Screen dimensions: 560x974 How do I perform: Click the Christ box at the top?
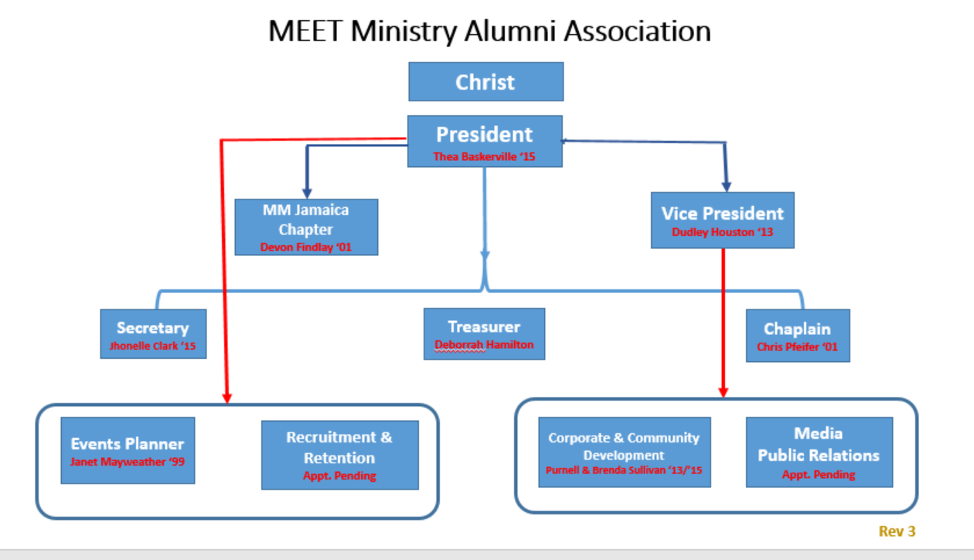485,82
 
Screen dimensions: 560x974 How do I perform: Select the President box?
485,135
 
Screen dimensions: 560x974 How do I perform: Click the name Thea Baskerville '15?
485,157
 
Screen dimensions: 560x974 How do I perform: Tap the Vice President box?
722,213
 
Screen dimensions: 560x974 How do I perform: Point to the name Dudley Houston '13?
722,232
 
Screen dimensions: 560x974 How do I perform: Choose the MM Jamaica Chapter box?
306,220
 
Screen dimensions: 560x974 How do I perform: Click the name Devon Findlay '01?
306,248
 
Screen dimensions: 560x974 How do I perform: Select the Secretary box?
152,329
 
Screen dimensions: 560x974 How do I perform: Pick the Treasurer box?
484,327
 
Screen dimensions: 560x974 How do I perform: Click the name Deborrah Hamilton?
484,345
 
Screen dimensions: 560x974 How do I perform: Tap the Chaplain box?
797,330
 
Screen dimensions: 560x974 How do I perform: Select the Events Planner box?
128,444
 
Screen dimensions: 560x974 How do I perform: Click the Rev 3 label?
897,531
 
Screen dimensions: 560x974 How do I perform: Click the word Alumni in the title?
512,31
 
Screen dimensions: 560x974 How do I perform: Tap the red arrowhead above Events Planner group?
226,398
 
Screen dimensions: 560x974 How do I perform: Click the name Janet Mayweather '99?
128,462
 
